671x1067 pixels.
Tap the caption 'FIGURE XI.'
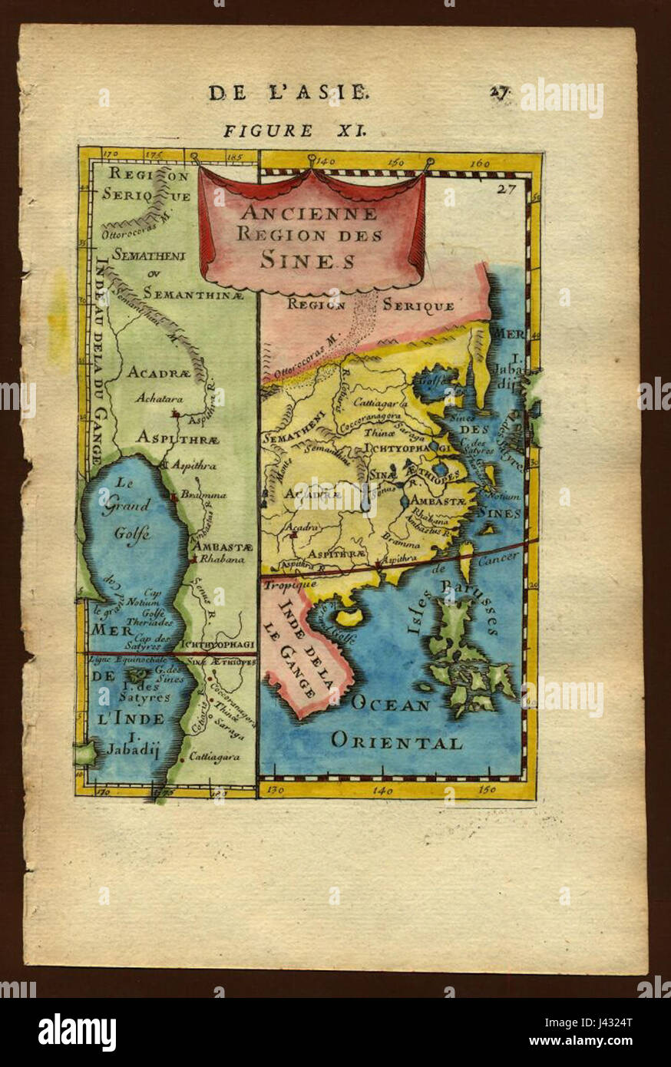pos(295,130)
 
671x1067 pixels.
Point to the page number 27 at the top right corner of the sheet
pos(500,92)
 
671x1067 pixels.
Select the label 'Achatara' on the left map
pos(155,398)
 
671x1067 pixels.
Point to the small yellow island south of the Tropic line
pos(349,616)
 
